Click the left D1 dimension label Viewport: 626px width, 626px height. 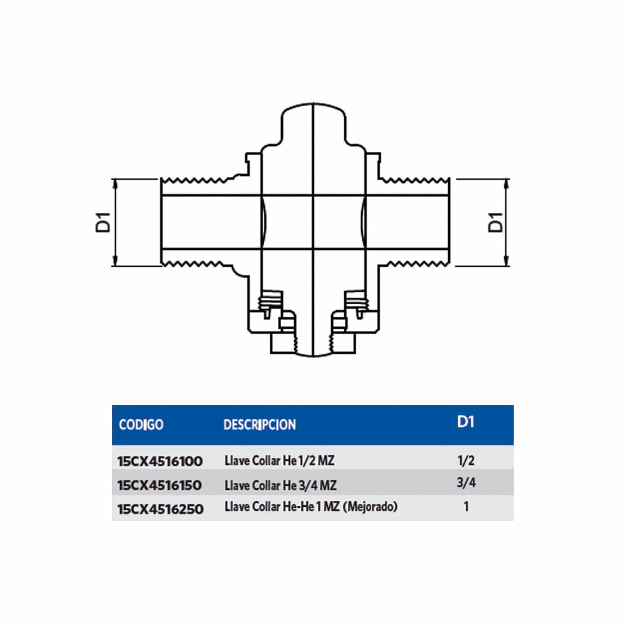point(104,222)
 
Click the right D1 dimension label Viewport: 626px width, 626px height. point(495,222)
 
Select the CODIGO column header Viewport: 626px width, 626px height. point(141,424)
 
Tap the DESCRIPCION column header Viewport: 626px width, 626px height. point(259,424)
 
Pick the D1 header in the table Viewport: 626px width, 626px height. point(465,421)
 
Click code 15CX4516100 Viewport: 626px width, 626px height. point(160,462)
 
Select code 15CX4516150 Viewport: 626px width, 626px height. point(160,485)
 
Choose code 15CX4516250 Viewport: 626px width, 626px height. point(160,508)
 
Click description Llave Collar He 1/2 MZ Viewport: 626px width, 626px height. point(280,461)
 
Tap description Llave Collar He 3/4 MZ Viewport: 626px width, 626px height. point(280,484)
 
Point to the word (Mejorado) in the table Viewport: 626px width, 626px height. point(369,507)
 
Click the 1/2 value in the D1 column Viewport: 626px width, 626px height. point(466,461)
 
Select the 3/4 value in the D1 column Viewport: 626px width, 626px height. point(466,483)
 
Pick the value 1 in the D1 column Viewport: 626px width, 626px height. point(466,507)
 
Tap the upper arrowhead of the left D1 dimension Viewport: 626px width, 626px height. point(115,183)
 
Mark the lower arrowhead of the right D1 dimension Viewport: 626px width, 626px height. point(506,261)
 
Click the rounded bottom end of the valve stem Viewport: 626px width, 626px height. point(312,353)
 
